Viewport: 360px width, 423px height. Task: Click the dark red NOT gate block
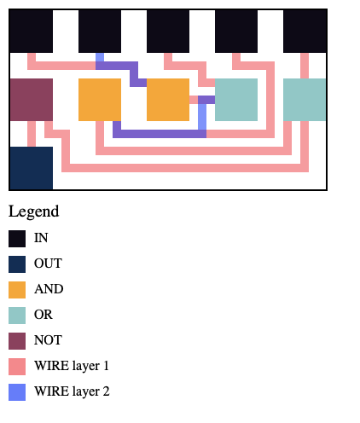click(32, 100)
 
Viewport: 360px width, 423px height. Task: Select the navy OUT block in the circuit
click(32, 168)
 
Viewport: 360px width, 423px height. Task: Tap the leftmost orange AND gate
click(100, 100)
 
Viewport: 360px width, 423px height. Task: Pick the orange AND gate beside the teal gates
click(168, 100)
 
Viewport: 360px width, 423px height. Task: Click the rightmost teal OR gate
click(305, 100)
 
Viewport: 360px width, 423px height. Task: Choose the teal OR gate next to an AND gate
click(236, 100)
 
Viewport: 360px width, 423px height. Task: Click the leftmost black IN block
click(32, 32)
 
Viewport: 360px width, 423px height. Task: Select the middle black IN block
click(168, 32)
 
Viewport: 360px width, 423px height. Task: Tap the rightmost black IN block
click(305, 32)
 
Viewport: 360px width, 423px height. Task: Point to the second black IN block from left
click(100, 32)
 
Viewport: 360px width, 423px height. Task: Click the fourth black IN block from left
click(236, 32)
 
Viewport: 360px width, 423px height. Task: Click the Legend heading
click(34, 211)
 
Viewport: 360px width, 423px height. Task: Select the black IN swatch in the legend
click(17, 239)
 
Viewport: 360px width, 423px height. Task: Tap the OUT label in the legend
click(48, 264)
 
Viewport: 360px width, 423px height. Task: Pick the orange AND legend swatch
click(17, 290)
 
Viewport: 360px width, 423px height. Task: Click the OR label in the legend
click(44, 315)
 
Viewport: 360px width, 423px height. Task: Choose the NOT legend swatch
click(17, 341)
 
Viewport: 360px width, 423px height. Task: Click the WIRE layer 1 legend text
click(72, 366)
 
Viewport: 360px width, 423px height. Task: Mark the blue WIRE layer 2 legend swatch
click(17, 392)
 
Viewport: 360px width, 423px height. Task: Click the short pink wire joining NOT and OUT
click(32, 134)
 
